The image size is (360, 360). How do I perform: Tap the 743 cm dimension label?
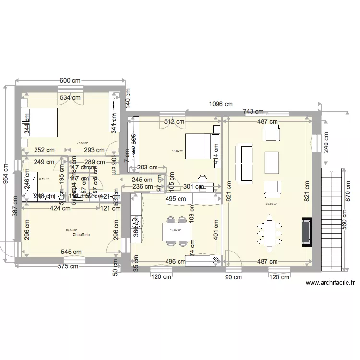(x=252, y=112)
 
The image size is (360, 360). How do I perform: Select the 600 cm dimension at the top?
(x=70, y=81)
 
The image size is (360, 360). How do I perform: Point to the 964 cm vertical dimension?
(x=6, y=176)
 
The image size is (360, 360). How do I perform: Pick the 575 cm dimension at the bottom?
(x=68, y=266)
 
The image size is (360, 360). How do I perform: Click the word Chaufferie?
(x=82, y=235)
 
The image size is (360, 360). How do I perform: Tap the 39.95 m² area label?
(x=272, y=203)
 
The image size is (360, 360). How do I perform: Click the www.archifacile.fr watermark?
(x=330, y=283)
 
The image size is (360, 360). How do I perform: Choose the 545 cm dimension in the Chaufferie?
(x=71, y=252)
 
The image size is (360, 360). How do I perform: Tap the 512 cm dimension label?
(x=174, y=121)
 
